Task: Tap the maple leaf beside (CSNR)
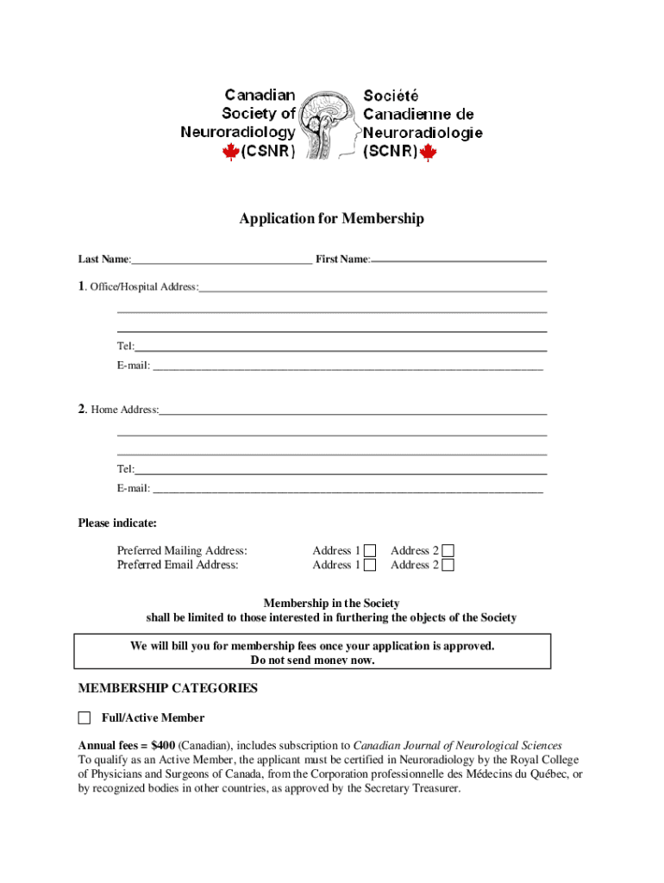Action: point(230,153)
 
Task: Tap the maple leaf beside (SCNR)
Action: point(428,153)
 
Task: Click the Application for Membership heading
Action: point(331,219)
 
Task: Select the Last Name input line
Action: point(222,259)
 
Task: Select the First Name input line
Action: point(459,259)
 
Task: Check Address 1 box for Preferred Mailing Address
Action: point(370,551)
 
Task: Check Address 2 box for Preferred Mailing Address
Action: point(448,551)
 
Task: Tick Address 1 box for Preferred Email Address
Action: point(370,566)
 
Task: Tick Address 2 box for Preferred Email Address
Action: point(448,566)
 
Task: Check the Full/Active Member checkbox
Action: point(85,717)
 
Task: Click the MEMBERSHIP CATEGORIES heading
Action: point(167,688)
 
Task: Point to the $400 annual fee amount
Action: point(162,746)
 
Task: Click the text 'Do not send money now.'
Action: point(312,660)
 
